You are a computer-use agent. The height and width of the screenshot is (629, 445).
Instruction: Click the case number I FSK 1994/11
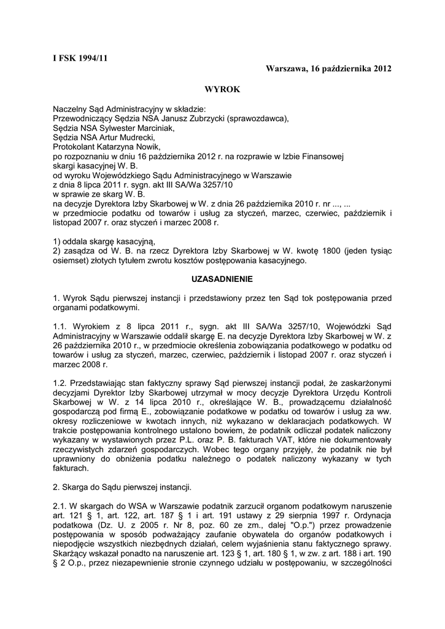coord(80,58)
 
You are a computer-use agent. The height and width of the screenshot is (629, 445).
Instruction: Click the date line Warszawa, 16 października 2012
coord(328,68)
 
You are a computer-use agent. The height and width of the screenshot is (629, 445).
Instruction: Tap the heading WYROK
coord(222,89)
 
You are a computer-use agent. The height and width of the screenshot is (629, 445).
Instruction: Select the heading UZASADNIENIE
coord(222,278)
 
